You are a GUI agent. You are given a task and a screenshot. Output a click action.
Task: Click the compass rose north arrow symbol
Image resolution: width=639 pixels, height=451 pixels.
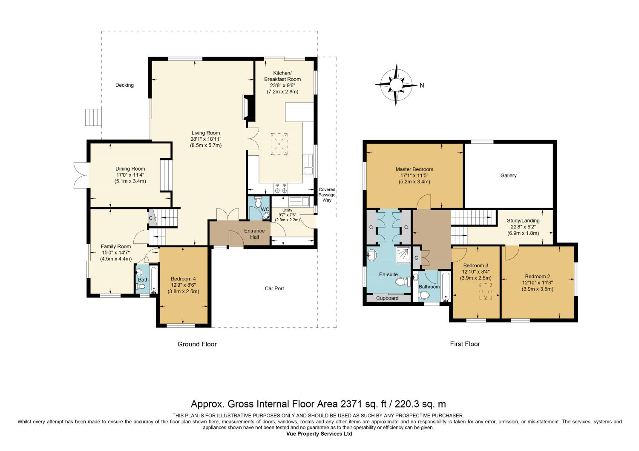click(396, 85)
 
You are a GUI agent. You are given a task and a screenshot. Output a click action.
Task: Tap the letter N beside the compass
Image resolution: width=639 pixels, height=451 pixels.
click(422, 85)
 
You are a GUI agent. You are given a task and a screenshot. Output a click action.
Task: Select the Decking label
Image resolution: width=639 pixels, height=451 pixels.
click(124, 85)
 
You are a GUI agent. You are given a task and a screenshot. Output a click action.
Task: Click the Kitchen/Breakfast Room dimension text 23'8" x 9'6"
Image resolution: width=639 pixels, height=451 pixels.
click(282, 86)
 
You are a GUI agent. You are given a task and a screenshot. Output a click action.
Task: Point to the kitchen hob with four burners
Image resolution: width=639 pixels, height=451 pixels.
click(280, 188)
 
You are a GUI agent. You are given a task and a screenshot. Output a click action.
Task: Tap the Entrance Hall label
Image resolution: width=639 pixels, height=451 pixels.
click(254, 234)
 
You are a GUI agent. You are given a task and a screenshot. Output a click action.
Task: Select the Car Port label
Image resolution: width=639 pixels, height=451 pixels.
click(274, 288)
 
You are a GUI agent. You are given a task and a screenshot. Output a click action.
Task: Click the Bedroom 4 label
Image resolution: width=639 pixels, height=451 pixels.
click(183, 279)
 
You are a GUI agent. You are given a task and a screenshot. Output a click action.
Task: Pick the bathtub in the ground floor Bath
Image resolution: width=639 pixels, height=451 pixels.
click(153, 280)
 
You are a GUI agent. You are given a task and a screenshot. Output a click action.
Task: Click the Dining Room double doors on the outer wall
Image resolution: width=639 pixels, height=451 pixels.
click(81, 175)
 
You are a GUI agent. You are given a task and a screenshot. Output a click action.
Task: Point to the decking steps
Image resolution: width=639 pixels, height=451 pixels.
click(93, 117)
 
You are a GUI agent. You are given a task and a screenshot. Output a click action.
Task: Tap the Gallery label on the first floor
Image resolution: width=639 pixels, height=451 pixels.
click(508, 175)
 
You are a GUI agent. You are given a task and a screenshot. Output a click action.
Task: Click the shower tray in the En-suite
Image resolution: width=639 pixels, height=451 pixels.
click(403, 255)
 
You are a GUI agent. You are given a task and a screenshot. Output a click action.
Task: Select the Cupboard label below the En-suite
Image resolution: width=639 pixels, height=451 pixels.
click(387, 298)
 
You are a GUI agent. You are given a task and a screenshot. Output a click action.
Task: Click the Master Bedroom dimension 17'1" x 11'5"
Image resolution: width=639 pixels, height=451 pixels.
click(414, 175)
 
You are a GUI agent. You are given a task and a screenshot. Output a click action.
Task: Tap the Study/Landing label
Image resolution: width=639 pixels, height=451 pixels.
click(523, 220)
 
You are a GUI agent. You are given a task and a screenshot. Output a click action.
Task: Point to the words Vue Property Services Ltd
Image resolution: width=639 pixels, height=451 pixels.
click(319, 434)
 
